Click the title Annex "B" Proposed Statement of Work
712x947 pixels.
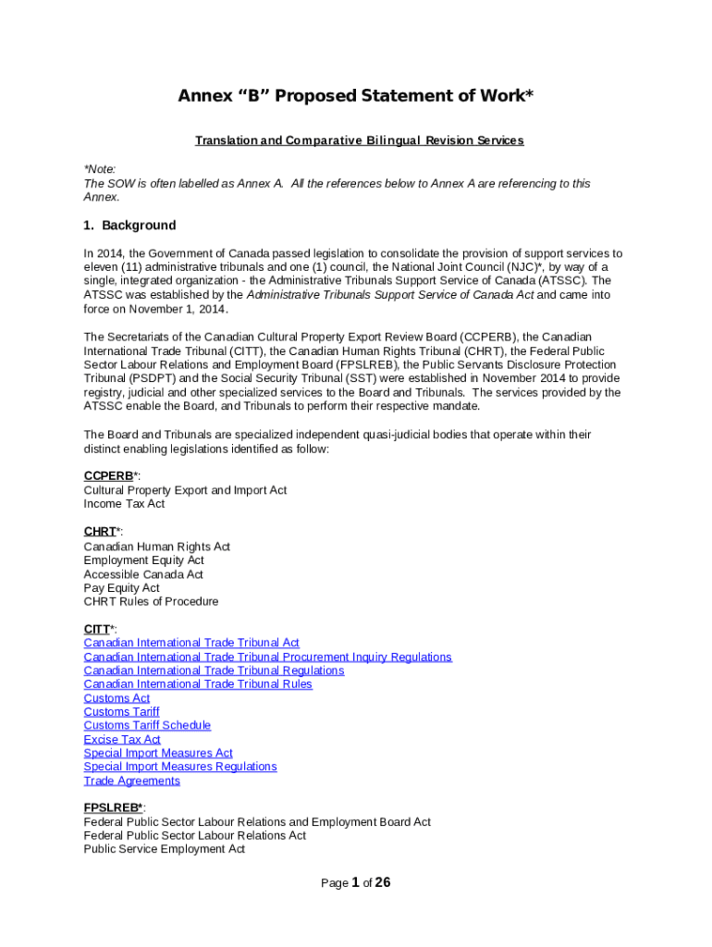[356, 96]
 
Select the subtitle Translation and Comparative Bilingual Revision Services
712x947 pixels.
[359, 141]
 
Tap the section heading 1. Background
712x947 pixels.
[129, 226]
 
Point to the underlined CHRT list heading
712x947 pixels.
[100, 532]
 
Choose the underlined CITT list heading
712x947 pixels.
[97, 629]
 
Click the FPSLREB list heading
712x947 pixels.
[111, 807]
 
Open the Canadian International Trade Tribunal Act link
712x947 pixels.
[191, 643]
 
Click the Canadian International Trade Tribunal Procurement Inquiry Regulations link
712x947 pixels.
[267, 657]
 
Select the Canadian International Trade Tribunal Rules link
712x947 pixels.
[198, 684]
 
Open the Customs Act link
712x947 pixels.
[117, 698]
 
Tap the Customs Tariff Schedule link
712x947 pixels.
[147, 726]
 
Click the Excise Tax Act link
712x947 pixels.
[122, 740]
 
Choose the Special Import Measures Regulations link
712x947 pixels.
[180, 767]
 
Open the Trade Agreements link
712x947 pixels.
[132, 781]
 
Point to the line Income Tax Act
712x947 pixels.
[124, 504]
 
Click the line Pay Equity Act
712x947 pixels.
[121, 588]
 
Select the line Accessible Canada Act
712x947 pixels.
[143, 574]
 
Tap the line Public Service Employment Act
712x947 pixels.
[164, 849]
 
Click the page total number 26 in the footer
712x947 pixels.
[382, 882]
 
